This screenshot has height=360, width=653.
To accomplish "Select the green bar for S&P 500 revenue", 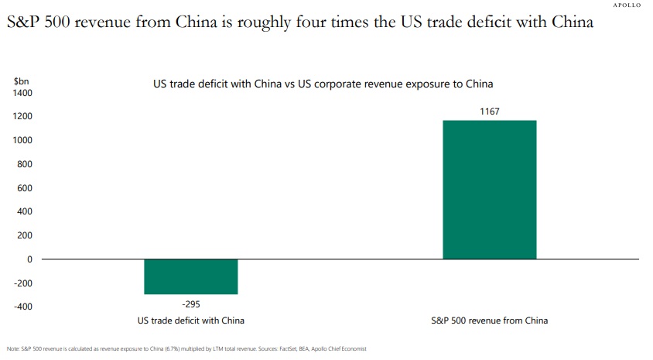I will (x=489, y=190).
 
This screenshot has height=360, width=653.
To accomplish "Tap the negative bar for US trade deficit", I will (x=191, y=276).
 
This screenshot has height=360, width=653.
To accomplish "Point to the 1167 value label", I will (x=489, y=111).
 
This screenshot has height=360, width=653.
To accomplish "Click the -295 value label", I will (x=191, y=303).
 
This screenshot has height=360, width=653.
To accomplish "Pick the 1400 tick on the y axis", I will (x=22, y=93).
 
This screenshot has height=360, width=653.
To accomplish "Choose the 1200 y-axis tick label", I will (x=22, y=117).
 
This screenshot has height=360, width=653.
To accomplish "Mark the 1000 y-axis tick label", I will (x=22, y=140).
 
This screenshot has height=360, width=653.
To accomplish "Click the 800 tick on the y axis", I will (x=25, y=164).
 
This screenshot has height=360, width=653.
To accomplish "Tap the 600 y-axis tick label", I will (x=25, y=188).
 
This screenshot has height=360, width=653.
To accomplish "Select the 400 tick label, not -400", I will (x=25, y=211).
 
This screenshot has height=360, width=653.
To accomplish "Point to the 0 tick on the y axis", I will (x=29, y=259).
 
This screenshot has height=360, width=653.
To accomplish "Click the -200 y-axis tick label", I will (x=23, y=283).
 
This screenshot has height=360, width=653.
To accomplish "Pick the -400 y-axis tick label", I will (x=23, y=307).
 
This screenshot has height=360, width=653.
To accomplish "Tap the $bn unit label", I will (x=21, y=81).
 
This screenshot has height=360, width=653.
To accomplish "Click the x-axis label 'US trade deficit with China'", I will (x=191, y=321).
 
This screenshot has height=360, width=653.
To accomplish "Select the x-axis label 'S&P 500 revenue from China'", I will (x=489, y=321).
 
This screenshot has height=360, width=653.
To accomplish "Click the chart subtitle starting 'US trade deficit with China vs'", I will (x=323, y=83).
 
